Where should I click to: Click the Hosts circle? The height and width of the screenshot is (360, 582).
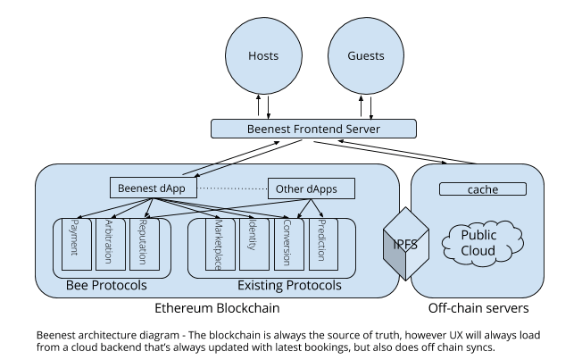(263, 55)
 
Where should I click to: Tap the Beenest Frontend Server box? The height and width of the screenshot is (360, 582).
(313, 130)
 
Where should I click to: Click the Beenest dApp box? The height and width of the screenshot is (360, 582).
(153, 188)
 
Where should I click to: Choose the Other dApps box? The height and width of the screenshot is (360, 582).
(312, 188)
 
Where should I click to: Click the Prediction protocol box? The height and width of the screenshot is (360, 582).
(323, 241)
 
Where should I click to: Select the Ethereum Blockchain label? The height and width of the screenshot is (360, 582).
(218, 308)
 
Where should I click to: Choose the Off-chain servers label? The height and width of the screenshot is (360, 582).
(478, 308)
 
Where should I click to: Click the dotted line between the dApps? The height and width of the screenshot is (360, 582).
(232, 188)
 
